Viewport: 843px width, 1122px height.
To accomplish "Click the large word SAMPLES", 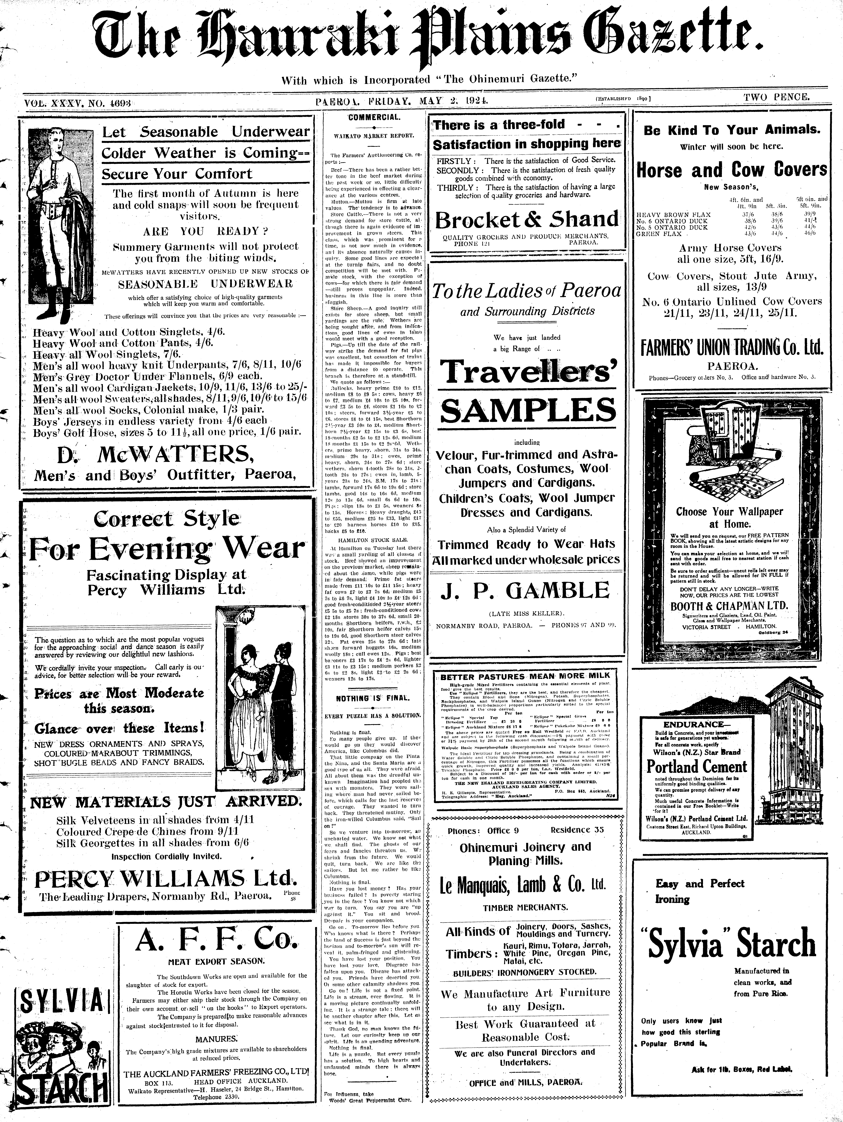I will pos(527,410).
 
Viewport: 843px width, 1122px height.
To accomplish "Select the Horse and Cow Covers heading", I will pos(731,169).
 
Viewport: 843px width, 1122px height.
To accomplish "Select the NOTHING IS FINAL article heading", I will pos(373,698).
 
